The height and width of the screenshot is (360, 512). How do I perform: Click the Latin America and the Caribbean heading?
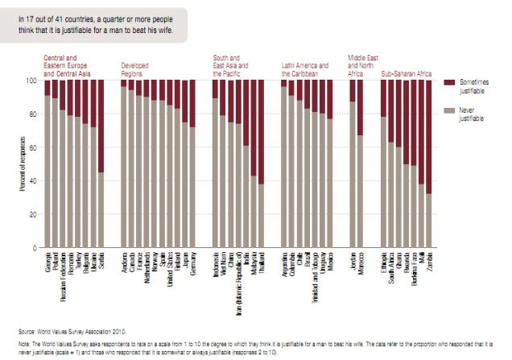tap(304, 68)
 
